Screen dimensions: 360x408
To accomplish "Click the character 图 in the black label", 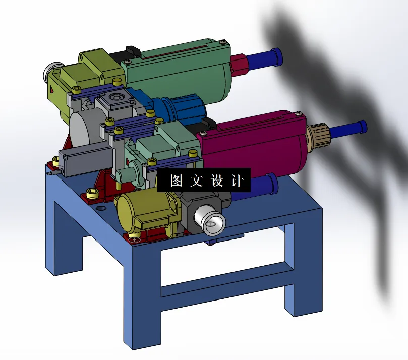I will (x=176, y=181).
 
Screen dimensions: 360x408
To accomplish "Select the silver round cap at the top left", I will (x=51, y=74).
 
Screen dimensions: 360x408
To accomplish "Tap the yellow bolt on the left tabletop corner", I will (x=92, y=192).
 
